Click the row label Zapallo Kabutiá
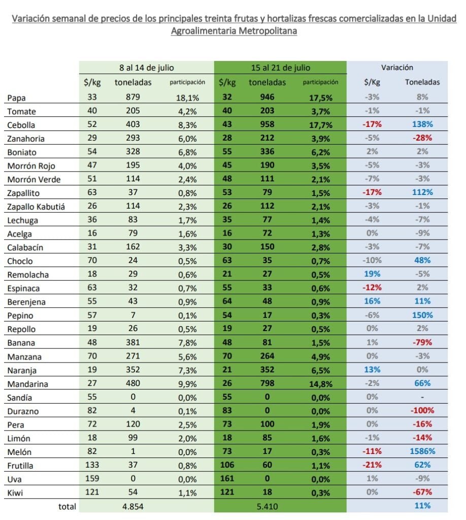click(x=36, y=207)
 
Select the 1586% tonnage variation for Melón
click(x=422, y=451)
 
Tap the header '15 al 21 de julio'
click(x=280, y=68)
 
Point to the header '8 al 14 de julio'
click(x=147, y=68)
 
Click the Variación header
click(x=397, y=68)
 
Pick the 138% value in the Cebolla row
click(x=422, y=124)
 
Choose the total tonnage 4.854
click(x=132, y=506)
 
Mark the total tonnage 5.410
click(x=267, y=506)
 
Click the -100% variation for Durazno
click(x=422, y=410)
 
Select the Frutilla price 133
click(x=92, y=465)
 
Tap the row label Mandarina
click(x=28, y=384)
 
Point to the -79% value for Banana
click(x=422, y=342)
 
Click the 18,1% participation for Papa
click(x=187, y=98)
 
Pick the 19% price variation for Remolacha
click(x=372, y=274)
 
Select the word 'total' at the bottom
click(x=67, y=506)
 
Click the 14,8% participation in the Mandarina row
click(x=320, y=384)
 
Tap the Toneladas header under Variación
click(x=422, y=82)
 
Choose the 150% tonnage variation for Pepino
click(x=422, y=315)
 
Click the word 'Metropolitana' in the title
click(x=268, y=31)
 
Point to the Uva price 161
click(x=227, y=478)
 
